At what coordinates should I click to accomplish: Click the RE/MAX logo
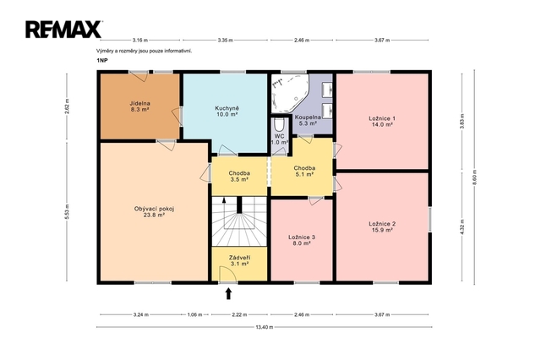(x=63, y=30)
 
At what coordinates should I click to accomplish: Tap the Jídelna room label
(x=139, y=106)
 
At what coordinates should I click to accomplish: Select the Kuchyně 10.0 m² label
(x=227, y=112)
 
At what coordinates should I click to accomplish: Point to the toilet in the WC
(x=279, y=124)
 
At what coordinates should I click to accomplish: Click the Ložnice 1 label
(x=382, y=122)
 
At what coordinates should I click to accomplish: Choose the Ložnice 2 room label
(x=382, y=226)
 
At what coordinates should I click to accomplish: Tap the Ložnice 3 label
(x=302, y=240)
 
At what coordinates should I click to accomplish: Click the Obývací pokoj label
(x=154, y=212)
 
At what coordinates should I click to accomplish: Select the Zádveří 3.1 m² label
(x=239, y=260)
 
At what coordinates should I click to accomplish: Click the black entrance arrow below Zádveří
(x=228, y=294)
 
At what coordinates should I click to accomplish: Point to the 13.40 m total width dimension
(x=265, y=327)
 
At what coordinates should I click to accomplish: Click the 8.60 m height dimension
(x=474, y=177)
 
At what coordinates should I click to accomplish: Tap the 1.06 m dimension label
(x=194, y=314)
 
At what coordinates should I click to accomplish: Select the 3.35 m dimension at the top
(x=226, y=40)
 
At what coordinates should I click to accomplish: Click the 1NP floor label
(x=101, y=60)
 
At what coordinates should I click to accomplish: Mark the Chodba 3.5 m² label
(x=239, y=177)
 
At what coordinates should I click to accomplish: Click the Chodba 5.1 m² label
(x=304, y=171)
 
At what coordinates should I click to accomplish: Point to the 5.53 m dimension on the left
(x=67, y=211)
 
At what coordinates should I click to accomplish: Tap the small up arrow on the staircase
(x=224, y=200)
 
